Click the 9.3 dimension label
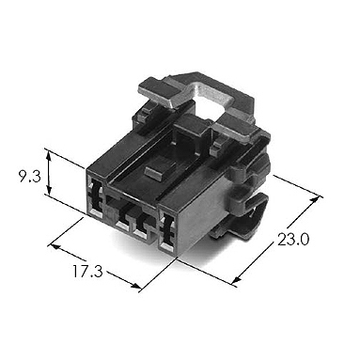[x=30, y=178]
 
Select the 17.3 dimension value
[x=87, y=272]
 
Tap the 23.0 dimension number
[x=293, y=240]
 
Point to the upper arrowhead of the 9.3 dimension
[x=49, y=154]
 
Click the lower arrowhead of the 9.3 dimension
[x=49, y=190]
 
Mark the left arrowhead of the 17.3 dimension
[x=55, y=246]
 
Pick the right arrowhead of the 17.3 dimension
[x=135, y=286]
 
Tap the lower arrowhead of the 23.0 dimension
[x=238, y=279]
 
